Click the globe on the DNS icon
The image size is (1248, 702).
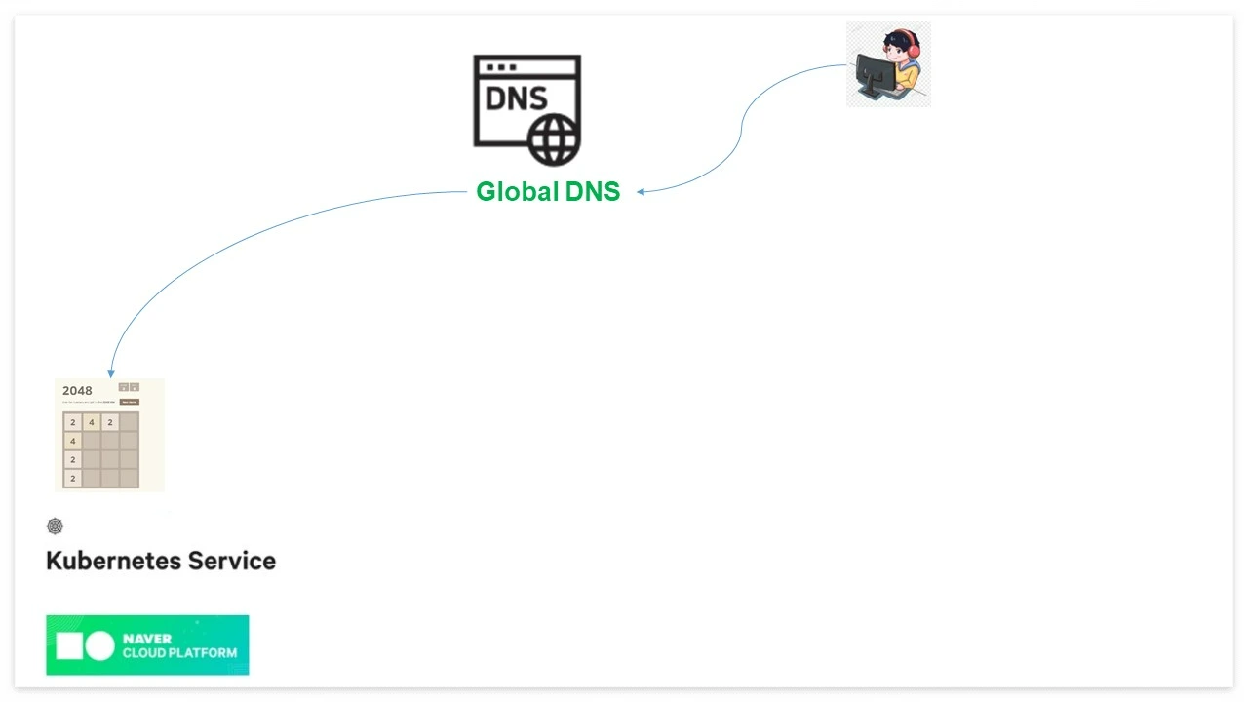tap(554, 138)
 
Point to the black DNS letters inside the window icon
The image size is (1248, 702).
tap(516, 98)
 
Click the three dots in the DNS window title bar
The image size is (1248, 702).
tap(500, 67)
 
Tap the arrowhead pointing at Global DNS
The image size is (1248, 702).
tap(642, 192)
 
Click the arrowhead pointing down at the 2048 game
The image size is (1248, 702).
tap(111, 372)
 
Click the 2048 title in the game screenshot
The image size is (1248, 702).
tap(77, 391)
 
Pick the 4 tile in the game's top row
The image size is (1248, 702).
tap(92, 422)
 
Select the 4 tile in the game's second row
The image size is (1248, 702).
tap(73, 441)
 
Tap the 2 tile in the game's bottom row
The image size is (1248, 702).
tap(73, 478)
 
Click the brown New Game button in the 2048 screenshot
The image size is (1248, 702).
tap(129, 402)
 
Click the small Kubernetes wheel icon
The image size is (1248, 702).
tap(55, 526)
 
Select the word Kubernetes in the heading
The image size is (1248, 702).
tap(112, 561)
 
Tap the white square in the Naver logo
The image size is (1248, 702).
tap(68, 645)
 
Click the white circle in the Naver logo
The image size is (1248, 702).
tap(99, 645)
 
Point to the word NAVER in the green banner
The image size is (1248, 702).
tap(147, 639)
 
